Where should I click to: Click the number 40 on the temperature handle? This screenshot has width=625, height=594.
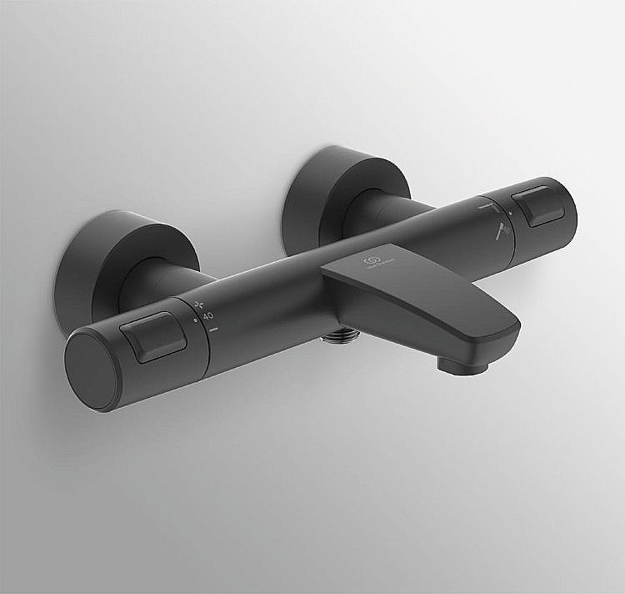point(207,316)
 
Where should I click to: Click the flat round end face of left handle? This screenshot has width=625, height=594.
point(91,369)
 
